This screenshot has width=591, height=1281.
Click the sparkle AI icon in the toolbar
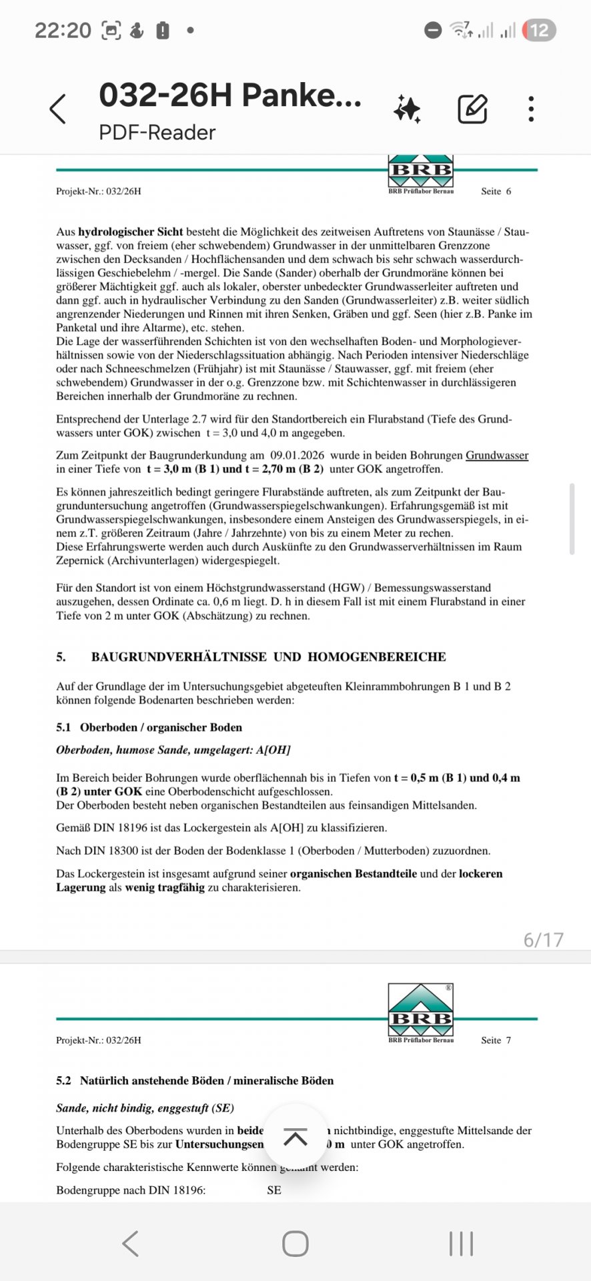407,109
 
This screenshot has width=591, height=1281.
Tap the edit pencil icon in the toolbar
472,109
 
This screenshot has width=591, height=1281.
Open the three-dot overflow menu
531,109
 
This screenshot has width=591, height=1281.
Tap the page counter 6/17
544,939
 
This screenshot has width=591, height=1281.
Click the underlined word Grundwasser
497,456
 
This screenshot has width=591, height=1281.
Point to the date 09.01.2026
298,456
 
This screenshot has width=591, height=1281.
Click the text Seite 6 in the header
496,191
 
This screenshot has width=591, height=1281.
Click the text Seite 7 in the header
496,1040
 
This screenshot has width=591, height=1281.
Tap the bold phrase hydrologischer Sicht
131,232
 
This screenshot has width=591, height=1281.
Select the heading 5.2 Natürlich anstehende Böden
195,1081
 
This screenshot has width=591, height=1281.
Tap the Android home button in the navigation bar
295,1244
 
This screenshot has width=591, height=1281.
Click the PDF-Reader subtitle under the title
157,132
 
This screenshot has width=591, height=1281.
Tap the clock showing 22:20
63,30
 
